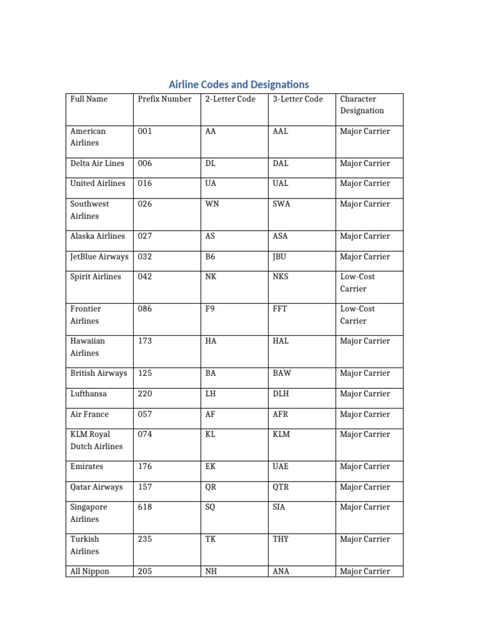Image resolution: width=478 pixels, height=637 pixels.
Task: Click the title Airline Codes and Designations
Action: coord(239,84)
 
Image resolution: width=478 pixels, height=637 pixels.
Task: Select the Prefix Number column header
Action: coord(164,99)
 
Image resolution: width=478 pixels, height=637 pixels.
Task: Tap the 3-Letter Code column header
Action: coord(298,99)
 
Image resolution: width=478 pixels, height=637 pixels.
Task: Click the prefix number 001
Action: coord(144,131)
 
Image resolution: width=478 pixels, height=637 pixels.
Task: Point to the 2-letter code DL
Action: coord(210,164)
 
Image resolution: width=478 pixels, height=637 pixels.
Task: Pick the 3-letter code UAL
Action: coord(281,184)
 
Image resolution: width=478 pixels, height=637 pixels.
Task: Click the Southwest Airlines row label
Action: coord(89,210)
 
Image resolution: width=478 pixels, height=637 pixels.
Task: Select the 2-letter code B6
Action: coord(210,256)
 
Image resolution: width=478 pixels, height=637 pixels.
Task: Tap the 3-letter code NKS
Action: coord(281,276)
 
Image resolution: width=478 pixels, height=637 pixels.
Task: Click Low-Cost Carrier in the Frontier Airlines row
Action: coord(357,315)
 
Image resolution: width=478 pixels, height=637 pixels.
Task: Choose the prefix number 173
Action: coord(144,341)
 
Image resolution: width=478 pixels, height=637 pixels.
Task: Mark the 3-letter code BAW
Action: coord(281,373)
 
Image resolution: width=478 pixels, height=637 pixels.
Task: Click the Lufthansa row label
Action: coord(88,394)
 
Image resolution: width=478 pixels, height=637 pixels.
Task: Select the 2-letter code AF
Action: coord(210,414)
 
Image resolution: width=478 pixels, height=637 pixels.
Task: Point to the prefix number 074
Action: coord(144,434)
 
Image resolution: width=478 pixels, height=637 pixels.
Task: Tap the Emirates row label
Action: coord(87,467)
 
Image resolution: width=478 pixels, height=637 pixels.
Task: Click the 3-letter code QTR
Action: coord(281,487)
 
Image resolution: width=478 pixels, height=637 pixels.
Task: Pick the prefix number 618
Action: coord(144,507)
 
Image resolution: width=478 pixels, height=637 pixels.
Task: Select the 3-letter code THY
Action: coord(281,539)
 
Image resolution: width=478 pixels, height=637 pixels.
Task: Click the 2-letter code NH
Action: coord(210,571)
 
